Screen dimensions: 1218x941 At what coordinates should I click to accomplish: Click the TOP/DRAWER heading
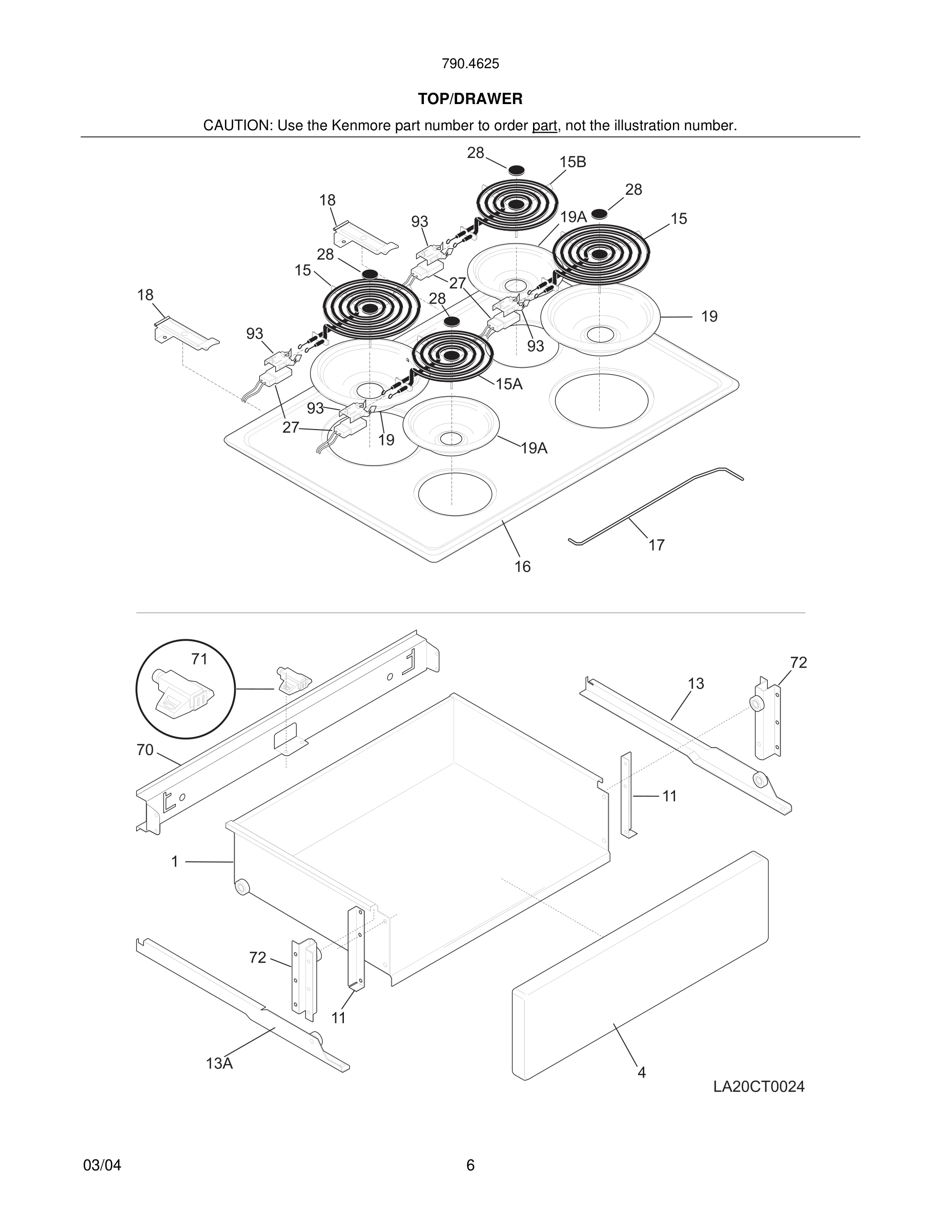pos(470,99)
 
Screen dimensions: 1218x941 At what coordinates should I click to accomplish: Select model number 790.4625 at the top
pos(470,64)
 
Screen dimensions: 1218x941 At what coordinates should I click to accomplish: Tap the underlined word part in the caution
pos(544,126)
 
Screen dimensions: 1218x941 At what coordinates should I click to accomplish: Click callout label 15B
pos(572,163)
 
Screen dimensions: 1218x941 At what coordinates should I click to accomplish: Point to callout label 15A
pos(509,384)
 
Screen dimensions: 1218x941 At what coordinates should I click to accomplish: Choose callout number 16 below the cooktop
pos(522,567)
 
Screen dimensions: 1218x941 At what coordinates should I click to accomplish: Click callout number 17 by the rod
pos(657,545)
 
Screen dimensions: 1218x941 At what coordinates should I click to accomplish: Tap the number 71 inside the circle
pos(199,659)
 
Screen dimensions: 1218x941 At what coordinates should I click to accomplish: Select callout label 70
pos(145,750)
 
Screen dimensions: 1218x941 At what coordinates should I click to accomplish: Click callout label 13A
pos(219,1064)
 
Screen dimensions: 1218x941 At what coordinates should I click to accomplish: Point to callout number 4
pos(642,1072)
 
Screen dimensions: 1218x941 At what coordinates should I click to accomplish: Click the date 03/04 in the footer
pos(102,1165)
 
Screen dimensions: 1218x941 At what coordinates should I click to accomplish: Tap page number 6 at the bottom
pos(470,1165)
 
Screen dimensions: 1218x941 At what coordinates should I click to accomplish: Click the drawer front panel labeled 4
pos(641,965)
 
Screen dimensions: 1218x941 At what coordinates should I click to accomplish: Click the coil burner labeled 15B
pos(517,204)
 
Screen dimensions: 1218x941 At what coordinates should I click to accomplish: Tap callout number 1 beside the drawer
pos(174,862)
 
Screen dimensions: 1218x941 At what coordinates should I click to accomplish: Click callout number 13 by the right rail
pos(695,683)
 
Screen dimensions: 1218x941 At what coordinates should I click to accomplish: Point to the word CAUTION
pos(237,126)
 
